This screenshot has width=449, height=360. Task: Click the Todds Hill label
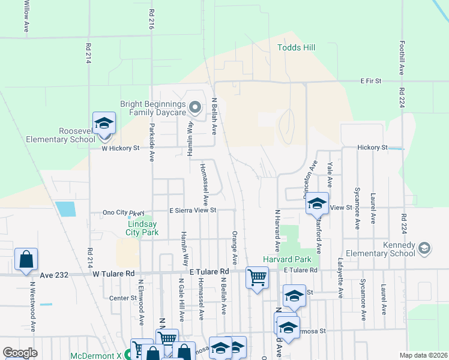click(296, 47)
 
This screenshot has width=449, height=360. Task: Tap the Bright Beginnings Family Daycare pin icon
click(194, 108)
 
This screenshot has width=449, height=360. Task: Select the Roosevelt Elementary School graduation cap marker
click(104, 124)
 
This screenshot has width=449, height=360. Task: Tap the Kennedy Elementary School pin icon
click(424, 248)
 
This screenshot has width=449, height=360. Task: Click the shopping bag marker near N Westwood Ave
click(26, 259)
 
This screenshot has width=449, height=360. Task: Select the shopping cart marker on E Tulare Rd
click(257, 278)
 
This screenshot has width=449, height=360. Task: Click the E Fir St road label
click(371, 80)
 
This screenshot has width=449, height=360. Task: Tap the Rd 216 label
click(151, 19)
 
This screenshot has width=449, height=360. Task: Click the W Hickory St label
click(120, 148)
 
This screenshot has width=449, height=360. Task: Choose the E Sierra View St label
click(192, 211)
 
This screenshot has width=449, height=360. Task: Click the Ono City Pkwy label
click(124, 212)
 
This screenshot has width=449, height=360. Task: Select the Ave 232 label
click(53, 275)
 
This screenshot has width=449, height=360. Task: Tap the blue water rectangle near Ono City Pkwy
click(65, 209)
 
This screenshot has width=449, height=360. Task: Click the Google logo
click(20, 353)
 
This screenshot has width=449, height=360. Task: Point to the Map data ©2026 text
click(424, 355)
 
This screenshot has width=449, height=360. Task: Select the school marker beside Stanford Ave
click(316, 203)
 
